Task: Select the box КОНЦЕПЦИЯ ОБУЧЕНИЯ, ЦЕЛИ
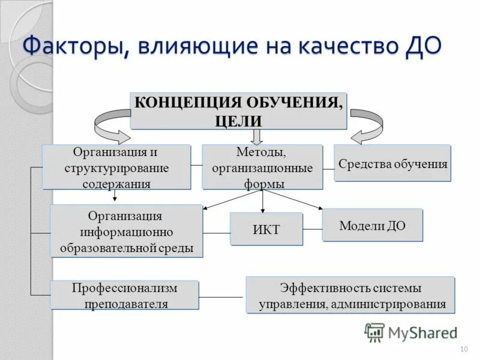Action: [238, 110]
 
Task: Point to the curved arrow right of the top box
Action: [365, 124]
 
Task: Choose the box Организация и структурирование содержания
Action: [116, 167]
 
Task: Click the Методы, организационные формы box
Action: [262, 167]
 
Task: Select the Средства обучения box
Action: [392, 163]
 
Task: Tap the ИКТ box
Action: [266, 229]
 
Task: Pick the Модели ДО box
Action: [372, 226]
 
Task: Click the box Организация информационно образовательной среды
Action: [126, 232]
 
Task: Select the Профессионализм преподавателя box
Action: [124, 295]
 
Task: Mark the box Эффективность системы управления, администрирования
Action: [350, 295]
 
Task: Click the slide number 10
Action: [463, 349]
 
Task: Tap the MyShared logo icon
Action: [374, 332]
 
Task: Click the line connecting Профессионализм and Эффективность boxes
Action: [222, 297]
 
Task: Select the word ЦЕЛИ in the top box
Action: [238, 120]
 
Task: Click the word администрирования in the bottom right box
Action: [387, 304]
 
